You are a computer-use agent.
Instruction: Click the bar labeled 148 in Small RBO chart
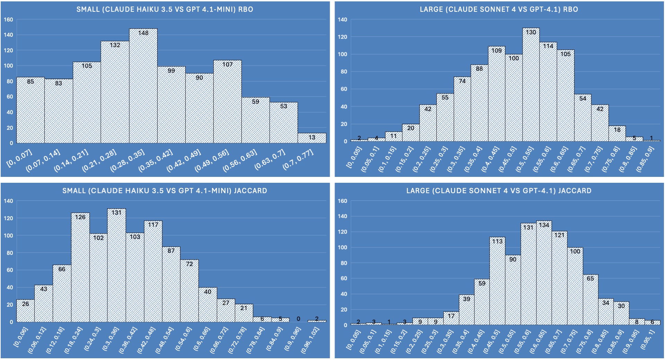pyautogui.click(x=143, y=87)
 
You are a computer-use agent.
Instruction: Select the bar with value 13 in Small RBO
pyautogui.click(x=312, y=138)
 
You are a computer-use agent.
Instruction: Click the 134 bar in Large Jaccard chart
pyautogui.click(x=544, y=273)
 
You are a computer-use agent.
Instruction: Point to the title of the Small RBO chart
pyautogui.click(x=165, y=9)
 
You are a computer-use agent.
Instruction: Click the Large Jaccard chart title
pyautogui.click(x=499, y=191)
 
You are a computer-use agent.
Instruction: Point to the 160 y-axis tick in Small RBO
pyautogui.click(x=9, y=20)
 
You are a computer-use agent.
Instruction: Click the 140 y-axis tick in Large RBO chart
pyautogui.click(x=342, y=20)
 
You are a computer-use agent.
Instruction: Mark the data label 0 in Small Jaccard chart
pyautogui.click(x=299, y=319)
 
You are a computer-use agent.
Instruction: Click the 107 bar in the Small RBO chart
pyautogui.click(x=227, y=102)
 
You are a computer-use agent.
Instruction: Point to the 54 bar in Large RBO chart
pyautogui.click(x=583, y=118)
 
